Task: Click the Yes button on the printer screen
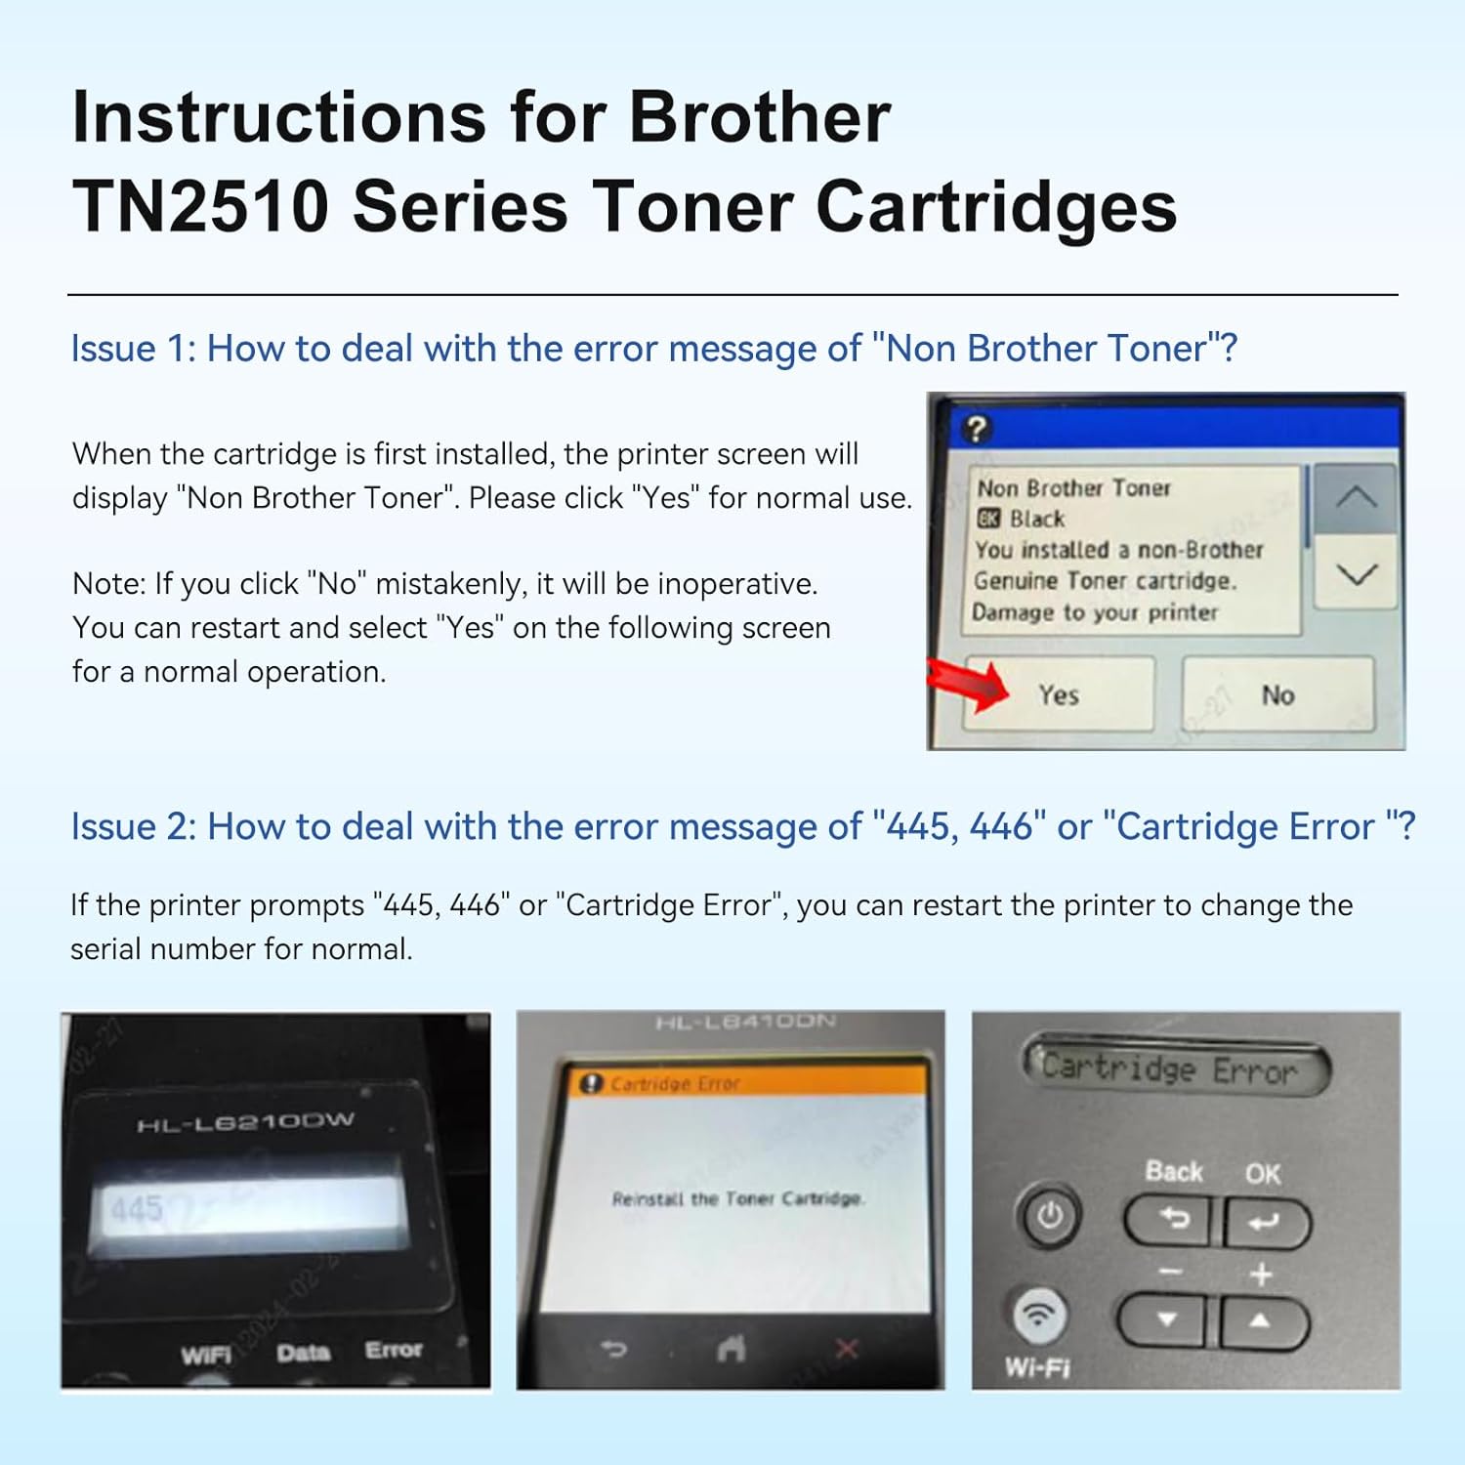pos(1059,694)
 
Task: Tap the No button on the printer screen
pos(1277,694)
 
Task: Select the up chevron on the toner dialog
pos(1356,498)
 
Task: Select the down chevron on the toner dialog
pos(1356,574)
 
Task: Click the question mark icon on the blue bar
pos(976,429)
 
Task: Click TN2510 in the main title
pos(200,207)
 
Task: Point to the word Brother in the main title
pos(759,117)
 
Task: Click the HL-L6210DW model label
pos(245,1122)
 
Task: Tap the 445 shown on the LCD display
pos(137,1209)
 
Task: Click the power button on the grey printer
pos(1050,1217)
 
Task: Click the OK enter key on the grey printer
pos(1264,1222)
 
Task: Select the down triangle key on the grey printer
pos(1166,1320)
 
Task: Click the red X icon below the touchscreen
pos(846,1350)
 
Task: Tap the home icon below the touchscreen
pos(732,1350)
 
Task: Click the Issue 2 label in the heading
pos(133,827)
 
